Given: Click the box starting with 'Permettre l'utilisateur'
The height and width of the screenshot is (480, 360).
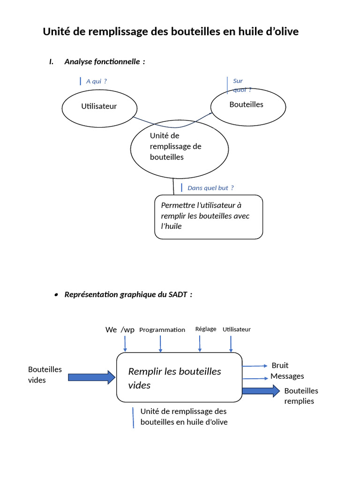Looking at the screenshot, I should pos(209,216).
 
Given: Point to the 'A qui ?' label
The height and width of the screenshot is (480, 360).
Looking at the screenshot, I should pos(96,81).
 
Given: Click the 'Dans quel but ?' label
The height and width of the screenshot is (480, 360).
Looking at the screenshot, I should pos(210,188).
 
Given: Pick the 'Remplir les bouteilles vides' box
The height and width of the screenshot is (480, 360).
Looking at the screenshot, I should pos(179,378).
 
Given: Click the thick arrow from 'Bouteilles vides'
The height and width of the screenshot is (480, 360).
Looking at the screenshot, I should pos(92,377).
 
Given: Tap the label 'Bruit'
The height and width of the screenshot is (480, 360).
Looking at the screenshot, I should pos(280,365).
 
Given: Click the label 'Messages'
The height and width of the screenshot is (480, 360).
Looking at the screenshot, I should pos(287,376).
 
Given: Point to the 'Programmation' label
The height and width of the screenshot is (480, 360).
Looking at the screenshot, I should pos(162,330).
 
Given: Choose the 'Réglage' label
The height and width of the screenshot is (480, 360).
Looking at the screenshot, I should pos(206,329).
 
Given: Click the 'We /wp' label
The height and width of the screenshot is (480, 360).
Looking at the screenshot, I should pos(120,330).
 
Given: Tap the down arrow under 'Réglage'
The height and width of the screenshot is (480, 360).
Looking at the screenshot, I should pos(200,344).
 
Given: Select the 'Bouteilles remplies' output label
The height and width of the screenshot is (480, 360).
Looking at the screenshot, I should pos(300,396).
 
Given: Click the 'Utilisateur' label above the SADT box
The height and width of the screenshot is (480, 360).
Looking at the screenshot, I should pos(237,329).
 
